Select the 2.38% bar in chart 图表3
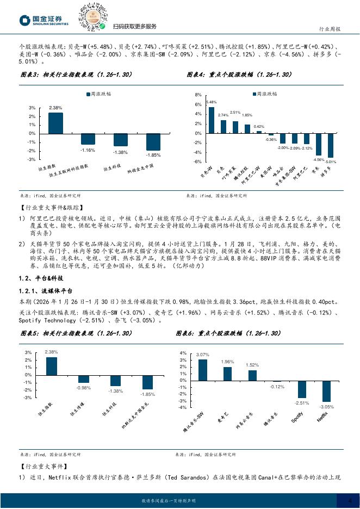click(x=55, y=123)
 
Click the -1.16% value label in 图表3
click(x=88, y=150)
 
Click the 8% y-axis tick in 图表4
click(x=198, y=95)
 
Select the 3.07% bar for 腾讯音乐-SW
click(x=203, y=370)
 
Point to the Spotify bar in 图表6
click(x=301, y=390)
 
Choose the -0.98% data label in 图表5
click(x=84, y=388)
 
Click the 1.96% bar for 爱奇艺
click(x=227, y=374)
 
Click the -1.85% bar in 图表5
click(x=147, y=383)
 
